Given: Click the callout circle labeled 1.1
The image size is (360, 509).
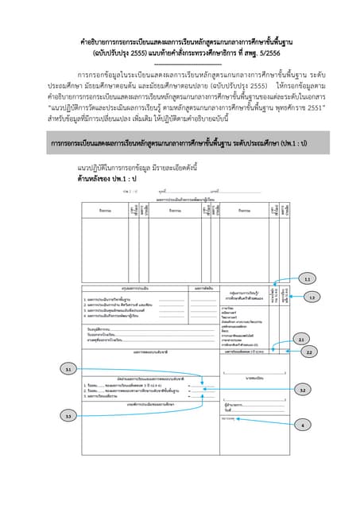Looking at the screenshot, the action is click(x=307, y=280).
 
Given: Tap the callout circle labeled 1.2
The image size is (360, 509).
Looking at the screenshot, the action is click(x=312, y=297).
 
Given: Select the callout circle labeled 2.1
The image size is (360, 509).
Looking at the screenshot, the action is click(x=301, y=340).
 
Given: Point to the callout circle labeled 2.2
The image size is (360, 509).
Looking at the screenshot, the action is click(x=308, y=351).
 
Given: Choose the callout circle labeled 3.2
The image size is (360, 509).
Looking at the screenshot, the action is click(x=303, y=390).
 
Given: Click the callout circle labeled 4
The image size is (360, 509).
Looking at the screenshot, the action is click(x=303, y=425).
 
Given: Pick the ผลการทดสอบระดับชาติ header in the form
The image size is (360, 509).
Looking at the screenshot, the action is click(x=149, y=351).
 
